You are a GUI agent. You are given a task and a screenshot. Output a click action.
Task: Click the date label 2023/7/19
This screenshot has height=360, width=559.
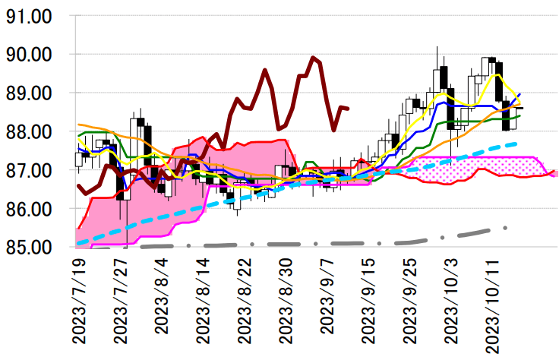(78, 302)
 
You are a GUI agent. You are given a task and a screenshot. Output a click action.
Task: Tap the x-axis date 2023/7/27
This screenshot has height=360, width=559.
(120, 302)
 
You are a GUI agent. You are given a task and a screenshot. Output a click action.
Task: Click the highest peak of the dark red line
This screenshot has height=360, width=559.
(313, 58)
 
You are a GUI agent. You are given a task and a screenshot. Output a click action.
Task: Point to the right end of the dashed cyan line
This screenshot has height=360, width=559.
(516, 143)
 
